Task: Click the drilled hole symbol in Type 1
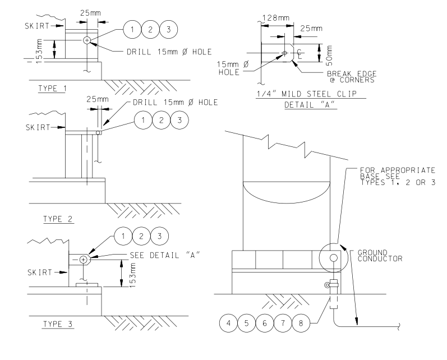87,40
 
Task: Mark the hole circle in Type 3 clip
83,260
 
